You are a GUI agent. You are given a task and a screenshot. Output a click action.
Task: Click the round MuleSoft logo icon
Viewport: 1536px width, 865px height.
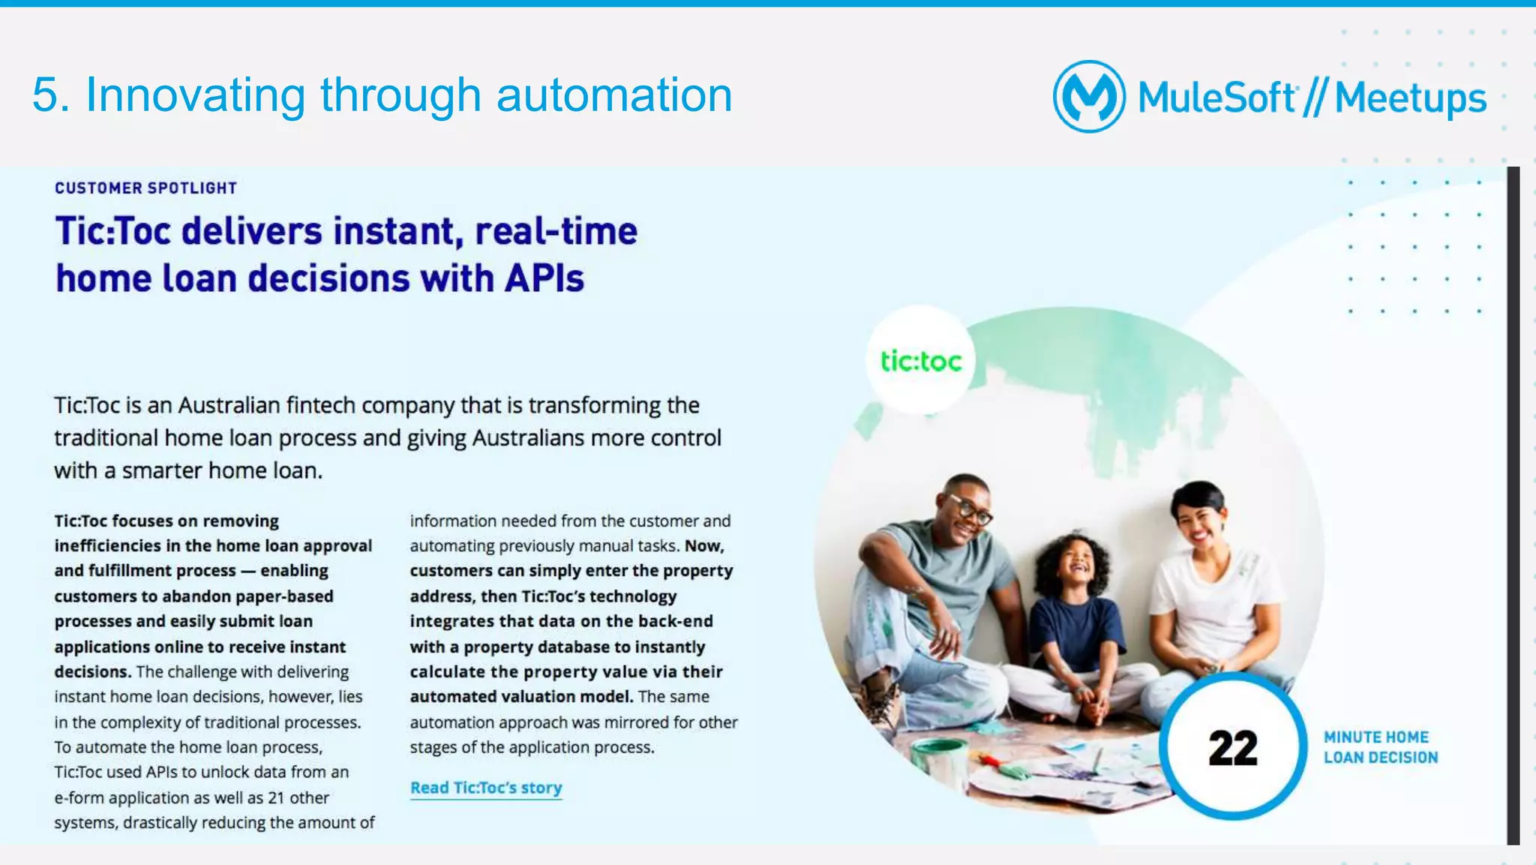coord(1089,97)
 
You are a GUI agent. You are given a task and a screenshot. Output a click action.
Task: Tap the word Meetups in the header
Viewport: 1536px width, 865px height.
coord(1411,98)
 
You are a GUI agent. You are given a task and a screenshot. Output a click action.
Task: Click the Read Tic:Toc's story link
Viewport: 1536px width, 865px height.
coord(486,788)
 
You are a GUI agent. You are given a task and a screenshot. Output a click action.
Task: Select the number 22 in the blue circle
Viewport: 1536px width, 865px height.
coord(1232,748)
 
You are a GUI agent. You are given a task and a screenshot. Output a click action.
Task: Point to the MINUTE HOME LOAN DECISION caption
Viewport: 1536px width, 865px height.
coord(1380,747)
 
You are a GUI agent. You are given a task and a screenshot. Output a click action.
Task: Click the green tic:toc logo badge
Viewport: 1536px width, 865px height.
coord(920,361)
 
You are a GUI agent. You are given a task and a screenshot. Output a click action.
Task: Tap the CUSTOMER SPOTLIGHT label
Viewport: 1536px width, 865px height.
coord(145,188)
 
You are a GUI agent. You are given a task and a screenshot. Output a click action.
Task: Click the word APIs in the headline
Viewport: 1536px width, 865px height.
coord(544,278)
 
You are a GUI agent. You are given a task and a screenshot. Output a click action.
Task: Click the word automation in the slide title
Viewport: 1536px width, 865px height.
coord(614,95)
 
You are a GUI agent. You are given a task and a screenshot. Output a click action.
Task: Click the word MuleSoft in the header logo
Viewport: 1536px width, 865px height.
coord(1216,98)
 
